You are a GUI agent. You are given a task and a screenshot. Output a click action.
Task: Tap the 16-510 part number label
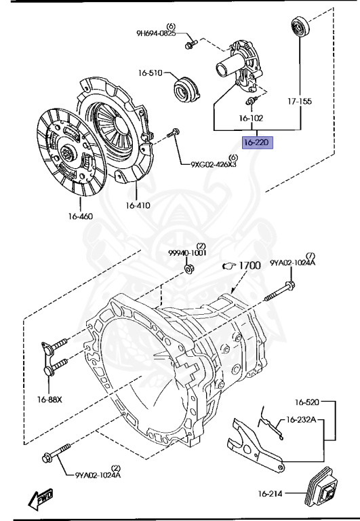[151, 73]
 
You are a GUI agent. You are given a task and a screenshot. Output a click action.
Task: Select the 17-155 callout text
[300, 101]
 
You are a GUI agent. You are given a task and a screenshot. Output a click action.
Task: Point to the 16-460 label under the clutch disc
[81, 216]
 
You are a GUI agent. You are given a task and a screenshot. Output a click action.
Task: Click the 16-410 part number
[138, 206]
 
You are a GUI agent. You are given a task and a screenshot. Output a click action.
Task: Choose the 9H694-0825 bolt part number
[156, 33]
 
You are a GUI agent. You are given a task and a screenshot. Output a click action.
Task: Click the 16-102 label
[251, 117]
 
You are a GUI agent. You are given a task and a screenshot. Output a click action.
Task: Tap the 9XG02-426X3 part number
[214, 164]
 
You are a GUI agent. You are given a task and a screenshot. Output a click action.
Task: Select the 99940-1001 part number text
[187, 252]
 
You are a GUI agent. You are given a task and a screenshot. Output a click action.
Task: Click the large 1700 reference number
[249, 265]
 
